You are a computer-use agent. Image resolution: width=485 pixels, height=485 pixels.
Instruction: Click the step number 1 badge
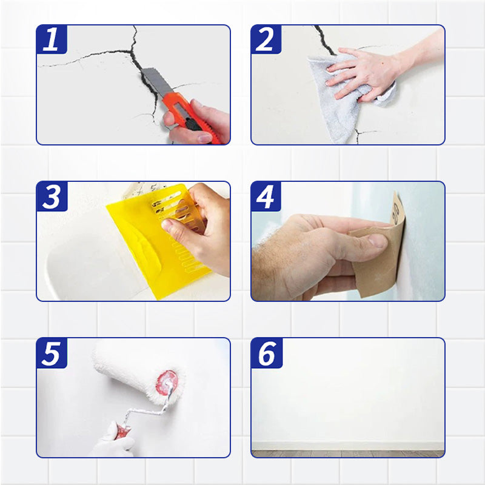pyautogui.click(x=52, y=40)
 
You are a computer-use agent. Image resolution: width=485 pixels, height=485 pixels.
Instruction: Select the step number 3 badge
pyautogui.click(x=52, y=196)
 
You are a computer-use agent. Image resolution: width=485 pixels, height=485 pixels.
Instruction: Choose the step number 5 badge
pyautogui.click(x=52, y=353)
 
